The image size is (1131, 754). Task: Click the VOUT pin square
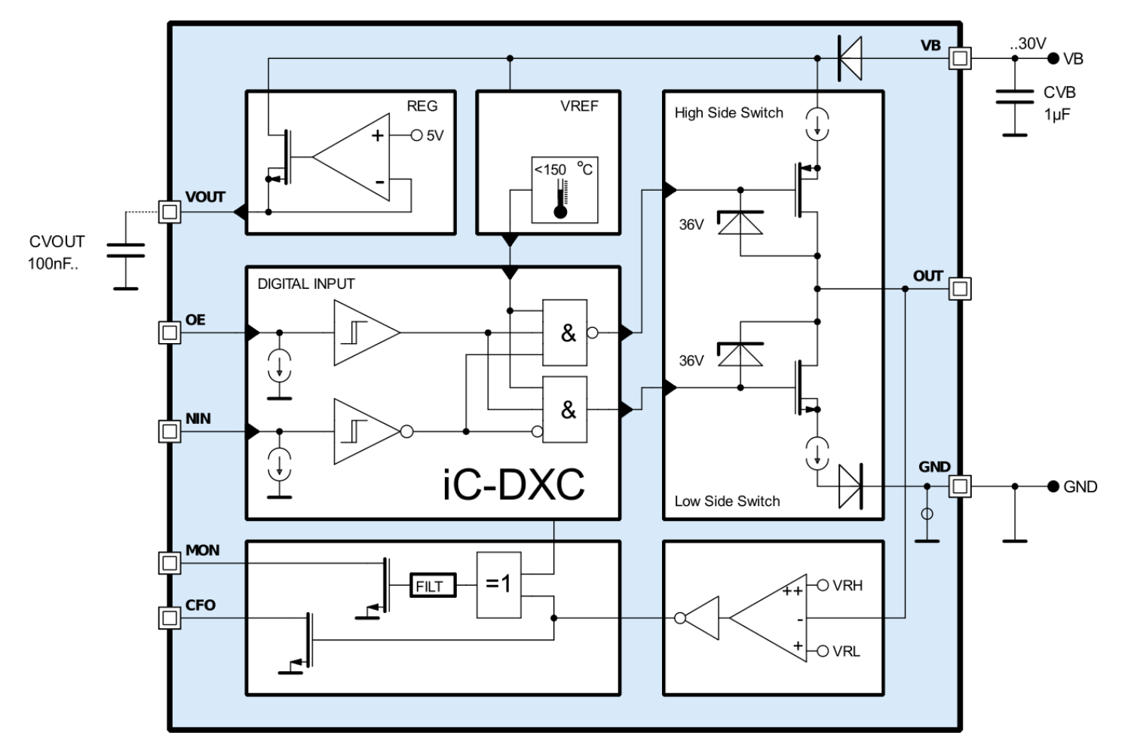170,212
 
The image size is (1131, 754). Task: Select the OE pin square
170,332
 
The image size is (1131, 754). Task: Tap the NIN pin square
170,431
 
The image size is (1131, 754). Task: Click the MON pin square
170,562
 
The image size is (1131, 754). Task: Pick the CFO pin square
170,618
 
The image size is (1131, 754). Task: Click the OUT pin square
959,288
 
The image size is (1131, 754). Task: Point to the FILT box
433,586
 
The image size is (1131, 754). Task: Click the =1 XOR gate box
498,585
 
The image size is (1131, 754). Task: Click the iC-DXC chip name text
513,484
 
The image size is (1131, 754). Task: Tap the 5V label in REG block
435,136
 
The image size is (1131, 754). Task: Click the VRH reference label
847,585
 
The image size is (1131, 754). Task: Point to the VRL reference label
846,651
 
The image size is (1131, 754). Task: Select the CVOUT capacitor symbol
125,250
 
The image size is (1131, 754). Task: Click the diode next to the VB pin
850,58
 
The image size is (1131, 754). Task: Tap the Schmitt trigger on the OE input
366,332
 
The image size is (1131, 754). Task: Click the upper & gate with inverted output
566,332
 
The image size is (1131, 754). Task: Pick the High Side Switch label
728,113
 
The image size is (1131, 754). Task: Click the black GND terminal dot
1053,486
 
